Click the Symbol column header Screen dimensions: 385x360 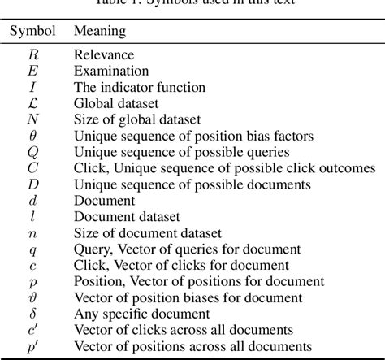[32, 31]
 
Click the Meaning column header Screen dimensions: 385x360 [100, 31]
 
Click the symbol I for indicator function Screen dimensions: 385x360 [32, 86]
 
